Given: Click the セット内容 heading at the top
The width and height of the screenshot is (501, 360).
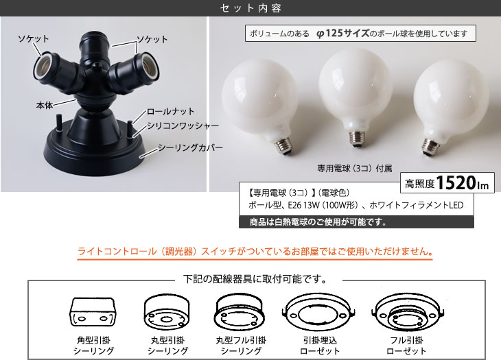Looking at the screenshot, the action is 250,8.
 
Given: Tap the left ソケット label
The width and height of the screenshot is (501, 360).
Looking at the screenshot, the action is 34,39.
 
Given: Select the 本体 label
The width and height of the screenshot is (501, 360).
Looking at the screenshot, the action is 45,105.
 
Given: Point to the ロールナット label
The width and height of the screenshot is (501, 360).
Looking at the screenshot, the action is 170,111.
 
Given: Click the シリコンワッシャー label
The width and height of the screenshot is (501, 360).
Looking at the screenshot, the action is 183,125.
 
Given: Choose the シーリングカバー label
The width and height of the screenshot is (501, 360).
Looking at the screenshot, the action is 190,147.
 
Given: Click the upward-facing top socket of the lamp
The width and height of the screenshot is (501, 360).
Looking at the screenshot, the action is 94,42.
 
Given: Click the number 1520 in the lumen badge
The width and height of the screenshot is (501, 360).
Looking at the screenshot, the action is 456,183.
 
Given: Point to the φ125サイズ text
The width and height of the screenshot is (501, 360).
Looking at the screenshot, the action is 342,33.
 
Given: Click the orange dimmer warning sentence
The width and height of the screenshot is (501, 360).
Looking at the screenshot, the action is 255,252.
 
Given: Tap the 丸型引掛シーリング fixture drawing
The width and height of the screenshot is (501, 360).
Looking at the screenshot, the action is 167,312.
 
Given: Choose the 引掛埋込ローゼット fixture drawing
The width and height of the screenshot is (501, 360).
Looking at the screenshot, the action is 319,313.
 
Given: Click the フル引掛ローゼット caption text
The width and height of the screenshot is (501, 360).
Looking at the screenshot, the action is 406,346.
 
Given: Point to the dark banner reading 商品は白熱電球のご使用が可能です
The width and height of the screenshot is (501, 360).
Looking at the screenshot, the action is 356,222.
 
